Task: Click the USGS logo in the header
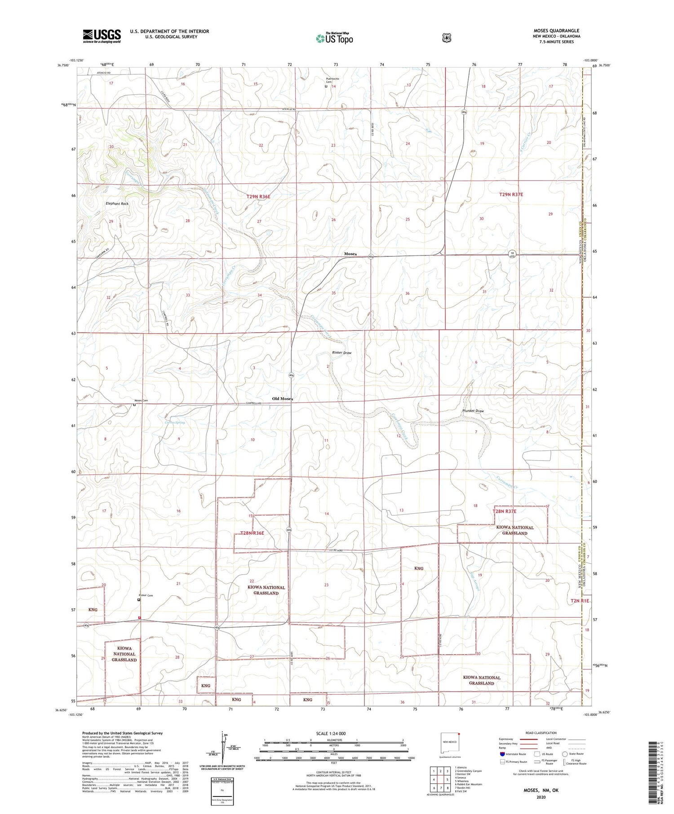pos(102,36)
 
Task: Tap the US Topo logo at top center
pos(334,38)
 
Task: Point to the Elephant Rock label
pos(117,203)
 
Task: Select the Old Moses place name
pos(283,399)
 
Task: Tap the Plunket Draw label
pos(473,411)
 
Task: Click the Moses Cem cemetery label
pos(141,400)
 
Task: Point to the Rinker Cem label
pos(146,596)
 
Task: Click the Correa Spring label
pos(174,422)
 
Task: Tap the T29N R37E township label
pos(511,194)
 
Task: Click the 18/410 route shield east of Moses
pos(512,255)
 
